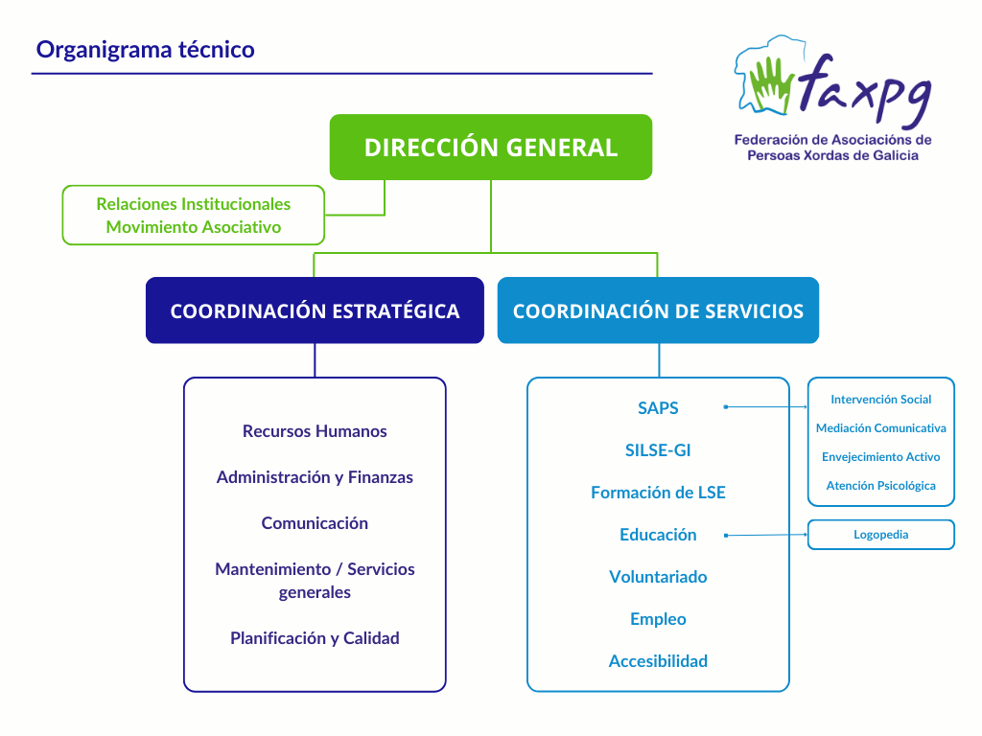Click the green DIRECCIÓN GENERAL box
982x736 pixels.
click(490, 148)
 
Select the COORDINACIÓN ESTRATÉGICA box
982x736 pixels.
click(315, 310)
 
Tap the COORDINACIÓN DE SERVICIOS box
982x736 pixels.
click(658, 310)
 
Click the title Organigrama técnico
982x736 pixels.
click(146, 49)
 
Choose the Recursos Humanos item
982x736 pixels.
click(315, 431)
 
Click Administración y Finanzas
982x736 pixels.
click(315, 477)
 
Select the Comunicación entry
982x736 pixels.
click(315, 523)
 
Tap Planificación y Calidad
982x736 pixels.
click(315, 638)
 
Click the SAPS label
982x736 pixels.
click(658, 408)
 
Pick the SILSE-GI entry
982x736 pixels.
click(658, 450)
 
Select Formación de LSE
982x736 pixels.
click(658, 493)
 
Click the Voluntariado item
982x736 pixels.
click(658, 577)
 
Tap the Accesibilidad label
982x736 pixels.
click(658, 661)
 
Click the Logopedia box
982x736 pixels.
click(880, 535)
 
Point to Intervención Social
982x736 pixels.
click(880, 400)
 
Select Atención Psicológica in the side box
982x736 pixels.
click(880, 486)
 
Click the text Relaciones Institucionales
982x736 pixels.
click(193, 204)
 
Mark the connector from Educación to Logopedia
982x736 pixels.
click(767, 535)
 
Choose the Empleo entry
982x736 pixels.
click(658, 619)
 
